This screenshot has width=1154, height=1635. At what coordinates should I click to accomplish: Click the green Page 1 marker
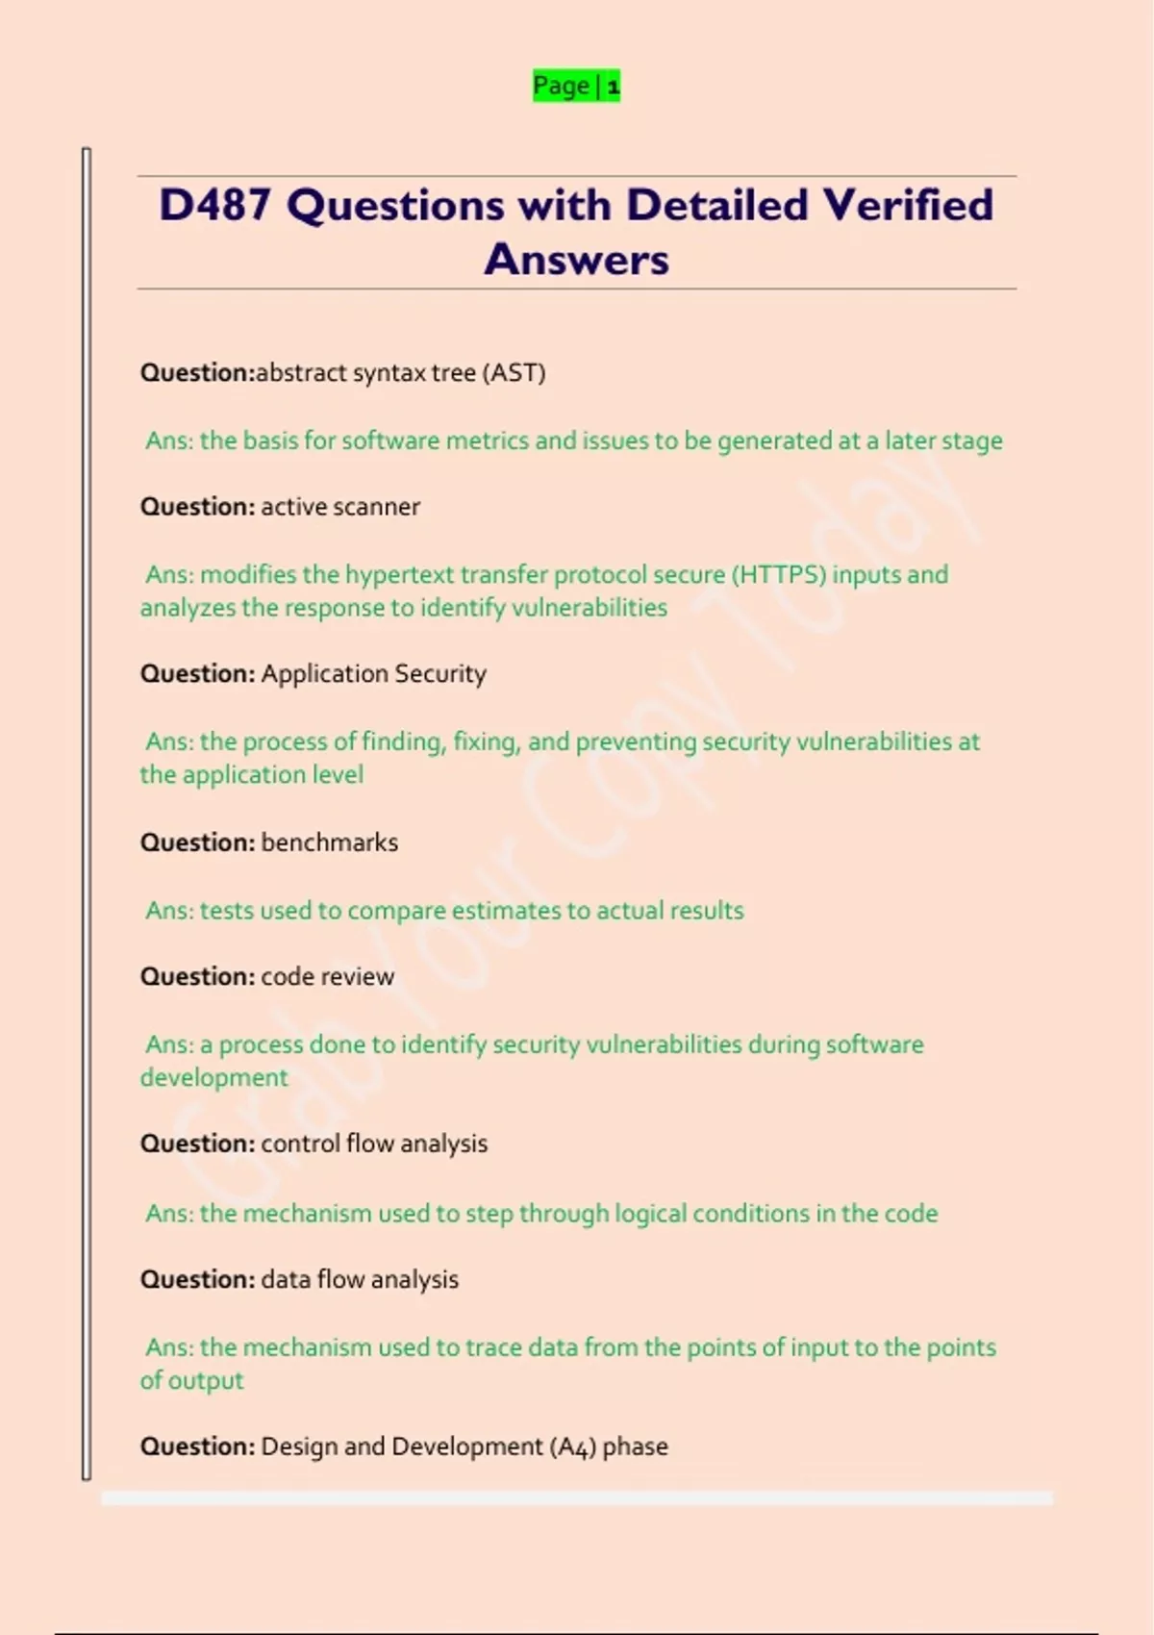(x=576, y=87)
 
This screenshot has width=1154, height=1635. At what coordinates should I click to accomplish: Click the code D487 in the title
(x=214, y=205)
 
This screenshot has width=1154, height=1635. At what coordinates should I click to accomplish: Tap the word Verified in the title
(x=907, y=205)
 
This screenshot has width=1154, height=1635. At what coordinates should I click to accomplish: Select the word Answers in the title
(x=576, y=260)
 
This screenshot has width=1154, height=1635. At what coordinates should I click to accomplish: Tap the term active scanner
(x=340, y=507)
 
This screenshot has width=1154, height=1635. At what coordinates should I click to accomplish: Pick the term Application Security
(x=373, y=674)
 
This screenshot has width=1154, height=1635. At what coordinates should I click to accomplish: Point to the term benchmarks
(x=329, y=843)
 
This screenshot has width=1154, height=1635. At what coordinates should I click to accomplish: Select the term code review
(x=327, y=977)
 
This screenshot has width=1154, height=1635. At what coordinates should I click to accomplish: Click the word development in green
(x=213, y=1078)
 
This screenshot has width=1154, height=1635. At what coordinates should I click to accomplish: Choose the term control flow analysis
(x=374, y=1144)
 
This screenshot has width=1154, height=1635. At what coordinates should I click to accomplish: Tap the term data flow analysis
(x=360, y=1280)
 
